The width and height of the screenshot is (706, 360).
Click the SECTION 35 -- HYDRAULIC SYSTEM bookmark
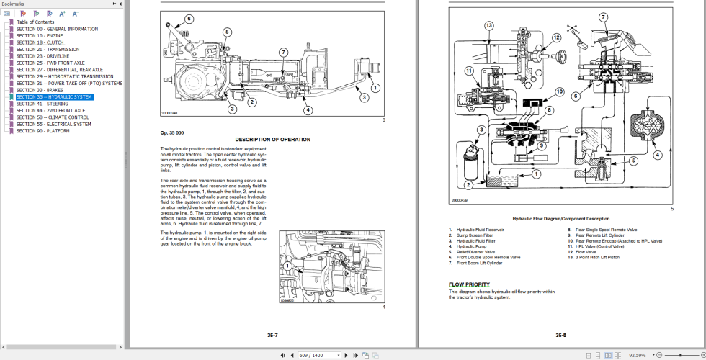54,96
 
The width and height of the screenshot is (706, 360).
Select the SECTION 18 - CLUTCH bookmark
40,42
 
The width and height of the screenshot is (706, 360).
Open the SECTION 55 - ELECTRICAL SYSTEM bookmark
53,124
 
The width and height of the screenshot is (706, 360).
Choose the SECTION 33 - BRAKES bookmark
40,90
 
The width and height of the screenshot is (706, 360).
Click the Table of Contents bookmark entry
35,22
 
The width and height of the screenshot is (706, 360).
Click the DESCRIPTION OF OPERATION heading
272,139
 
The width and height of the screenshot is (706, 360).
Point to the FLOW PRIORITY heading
469,284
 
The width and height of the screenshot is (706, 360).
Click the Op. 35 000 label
172,132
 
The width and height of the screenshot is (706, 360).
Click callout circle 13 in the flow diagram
488,25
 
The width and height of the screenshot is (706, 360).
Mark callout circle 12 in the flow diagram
556,37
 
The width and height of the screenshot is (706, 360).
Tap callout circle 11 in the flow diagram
468,71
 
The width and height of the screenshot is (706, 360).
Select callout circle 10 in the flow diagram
559,91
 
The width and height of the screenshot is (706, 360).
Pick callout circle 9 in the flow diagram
542,145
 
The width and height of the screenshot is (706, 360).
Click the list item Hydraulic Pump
471,246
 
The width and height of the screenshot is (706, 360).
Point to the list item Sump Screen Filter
475,235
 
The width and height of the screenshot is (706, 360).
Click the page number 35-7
272,335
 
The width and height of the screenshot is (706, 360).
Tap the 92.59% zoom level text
637,355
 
